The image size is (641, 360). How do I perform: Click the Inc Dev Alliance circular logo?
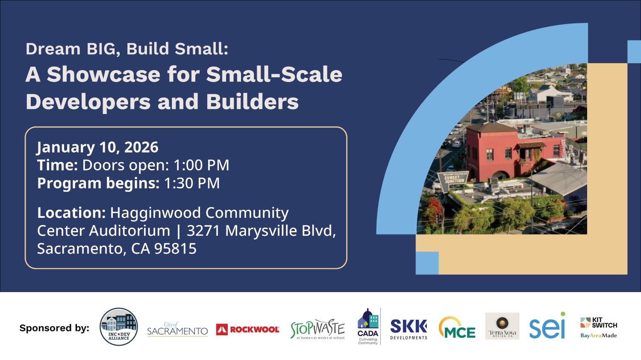click(119, 327)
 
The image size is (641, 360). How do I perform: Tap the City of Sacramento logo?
click(177, 330)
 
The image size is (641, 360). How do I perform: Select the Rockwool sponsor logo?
click(248, 329)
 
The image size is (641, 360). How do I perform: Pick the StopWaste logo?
click(318, 329)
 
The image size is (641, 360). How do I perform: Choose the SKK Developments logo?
click(409, 329)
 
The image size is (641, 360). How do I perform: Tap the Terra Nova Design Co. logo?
click(502, 326)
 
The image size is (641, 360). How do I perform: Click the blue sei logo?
click(547, 327)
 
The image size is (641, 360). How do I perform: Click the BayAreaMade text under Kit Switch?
click(599, 336)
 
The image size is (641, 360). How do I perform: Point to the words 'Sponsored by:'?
click(54, 328)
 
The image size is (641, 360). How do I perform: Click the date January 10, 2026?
click(98, 147)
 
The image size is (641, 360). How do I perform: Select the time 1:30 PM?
click(192, 183)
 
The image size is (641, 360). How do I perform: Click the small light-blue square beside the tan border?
click(427, 263)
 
